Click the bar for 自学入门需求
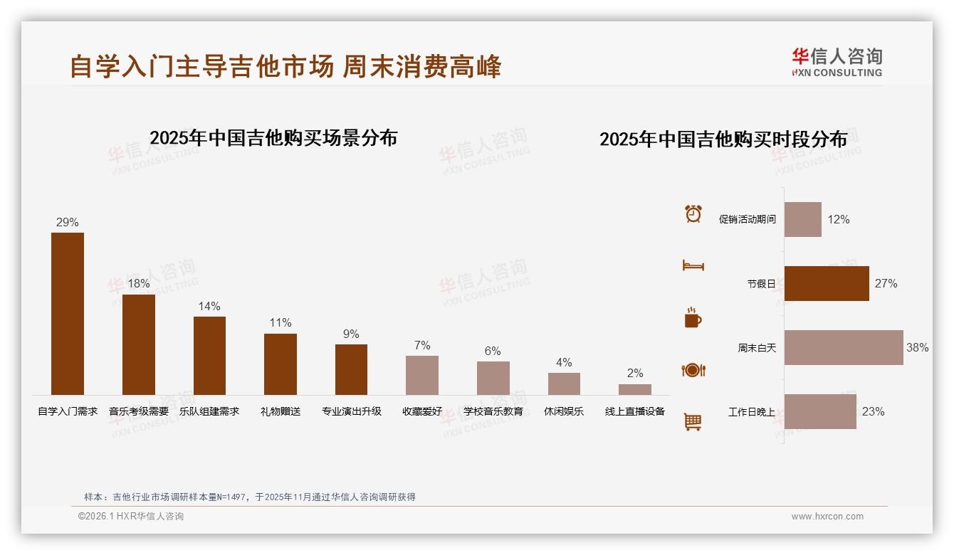[x=68, y=314]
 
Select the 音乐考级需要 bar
[x=139, y=345]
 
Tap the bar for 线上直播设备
[x=635, y=389]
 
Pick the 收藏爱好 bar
[x=422, y=375]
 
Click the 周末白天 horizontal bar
[x=844, y=347]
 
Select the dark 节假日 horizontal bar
[x=827, y=283]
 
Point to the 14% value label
[x=209, y=307]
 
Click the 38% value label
[x=917, y=348]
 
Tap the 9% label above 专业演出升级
[x=351, y=334]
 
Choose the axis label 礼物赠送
[x=281, y=411]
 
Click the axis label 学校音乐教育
[x=493, y=411]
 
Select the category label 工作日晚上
[x=752, y=412]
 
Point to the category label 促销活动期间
[x=748, y=220]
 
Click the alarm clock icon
[x=693, y=213]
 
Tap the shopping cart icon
[x=693, y=422]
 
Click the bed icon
[x=693, y=265]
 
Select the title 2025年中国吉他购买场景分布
[x=273, y=138]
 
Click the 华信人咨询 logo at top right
[x=837, y=62]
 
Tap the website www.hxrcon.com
[x=827, y=517]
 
